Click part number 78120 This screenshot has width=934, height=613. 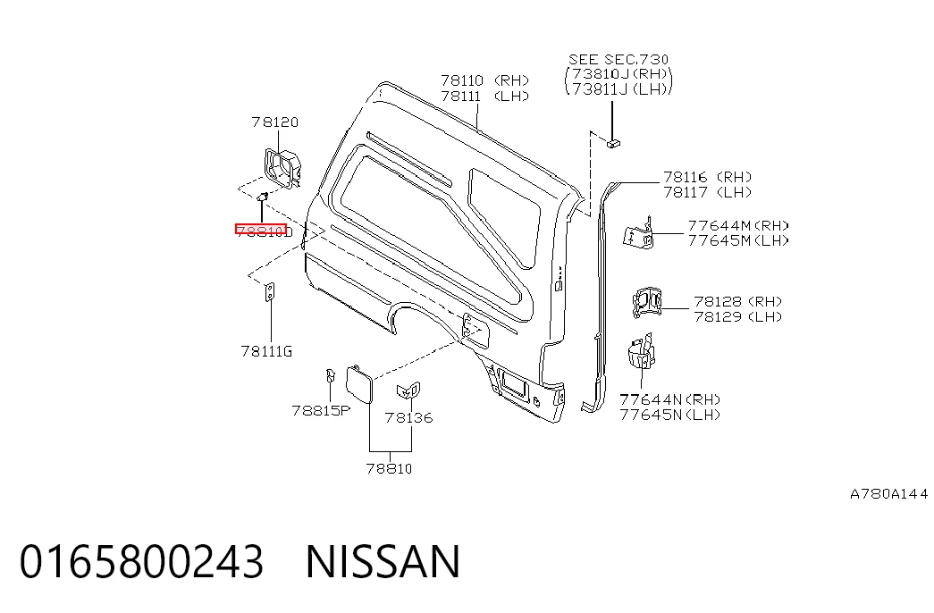(274, 122)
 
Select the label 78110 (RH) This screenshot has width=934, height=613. (484, 80)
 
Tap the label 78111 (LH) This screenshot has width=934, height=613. (484, 96)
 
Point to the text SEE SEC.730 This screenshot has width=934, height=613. (618, 60)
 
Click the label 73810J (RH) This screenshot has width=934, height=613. (618, 74)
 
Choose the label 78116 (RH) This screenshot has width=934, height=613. (708, 177)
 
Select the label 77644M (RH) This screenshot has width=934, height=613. (738, 226)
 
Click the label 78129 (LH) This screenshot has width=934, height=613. (738, 317)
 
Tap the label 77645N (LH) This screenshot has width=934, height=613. (670, 415)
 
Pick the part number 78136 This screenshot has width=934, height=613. (408, 418)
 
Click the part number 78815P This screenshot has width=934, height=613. (321, 410)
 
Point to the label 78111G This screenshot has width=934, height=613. (266, 351)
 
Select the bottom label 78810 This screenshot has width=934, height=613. (389, 469)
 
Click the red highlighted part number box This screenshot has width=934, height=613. (261, 230)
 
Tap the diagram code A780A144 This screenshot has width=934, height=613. (888, 494)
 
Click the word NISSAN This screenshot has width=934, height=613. (383, 561)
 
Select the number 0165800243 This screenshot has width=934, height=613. (141, 561)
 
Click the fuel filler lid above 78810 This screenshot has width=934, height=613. (359, 384)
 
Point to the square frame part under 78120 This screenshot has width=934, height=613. (282, 169)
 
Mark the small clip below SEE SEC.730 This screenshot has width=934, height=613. (613, 143)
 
